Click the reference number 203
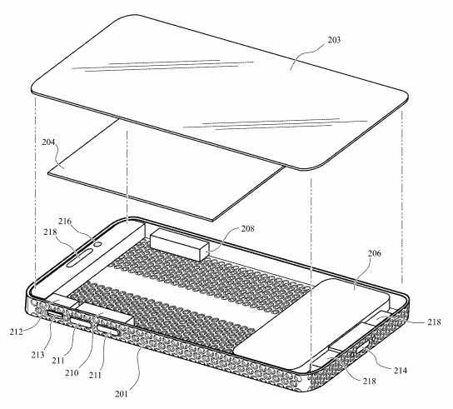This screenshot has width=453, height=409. point(334,40)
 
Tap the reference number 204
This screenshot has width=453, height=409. point(48,142)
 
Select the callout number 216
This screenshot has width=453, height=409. point(65,222)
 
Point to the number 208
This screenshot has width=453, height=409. point(247,228)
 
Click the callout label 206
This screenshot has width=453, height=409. point(375,253)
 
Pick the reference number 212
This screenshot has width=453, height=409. point(16,332)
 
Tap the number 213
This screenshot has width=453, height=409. point(37,355)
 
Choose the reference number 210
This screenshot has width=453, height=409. point(72,373)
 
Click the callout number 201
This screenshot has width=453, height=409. point(121,394)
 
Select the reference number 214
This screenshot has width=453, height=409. point(401,371)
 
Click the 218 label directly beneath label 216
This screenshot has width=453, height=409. point(50,232)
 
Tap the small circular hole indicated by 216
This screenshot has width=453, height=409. point(98,244)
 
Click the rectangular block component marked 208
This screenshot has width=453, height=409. point(179,244)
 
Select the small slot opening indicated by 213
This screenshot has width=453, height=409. point(55,315)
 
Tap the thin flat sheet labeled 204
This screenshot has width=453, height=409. point(166,171)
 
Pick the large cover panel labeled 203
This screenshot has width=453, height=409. point(220,91)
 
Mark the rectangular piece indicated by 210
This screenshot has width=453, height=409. point(107,313)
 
